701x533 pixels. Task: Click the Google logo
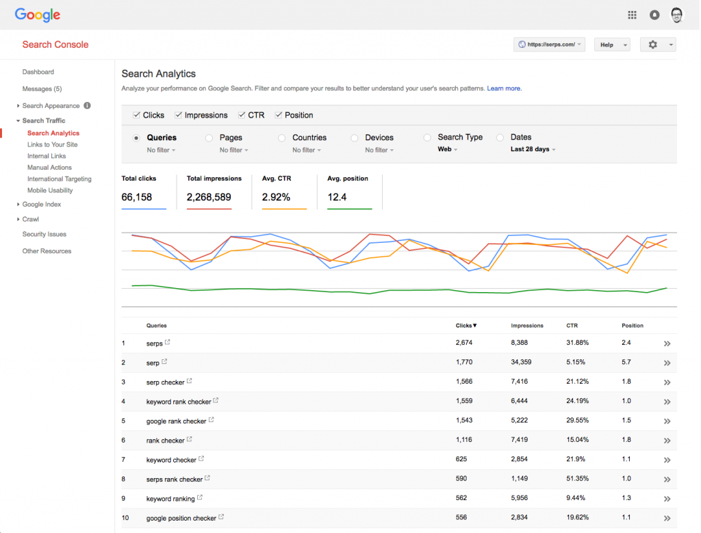[x=38, y=14]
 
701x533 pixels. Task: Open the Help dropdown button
[x=611, y=44]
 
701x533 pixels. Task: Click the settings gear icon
[x=652, y=44]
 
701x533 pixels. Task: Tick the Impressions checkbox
[x=179, y=115]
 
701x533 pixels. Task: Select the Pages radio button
[x=209, y=138]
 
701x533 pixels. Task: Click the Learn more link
[x=504, y=88]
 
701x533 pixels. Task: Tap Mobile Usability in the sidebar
[x=50, y=190]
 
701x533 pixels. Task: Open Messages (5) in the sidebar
[x=42, y=89]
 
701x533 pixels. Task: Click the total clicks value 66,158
[x=137, y=197]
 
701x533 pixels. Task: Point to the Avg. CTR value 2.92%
[x=276, y=197]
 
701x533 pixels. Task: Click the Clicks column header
[x=466, y=326]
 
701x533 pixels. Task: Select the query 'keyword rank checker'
[x=178, y=402]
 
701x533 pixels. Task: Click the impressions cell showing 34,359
[x=525, y=362]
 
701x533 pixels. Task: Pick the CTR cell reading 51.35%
[x=578, y=479]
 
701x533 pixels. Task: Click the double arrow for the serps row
[x=667, y=343]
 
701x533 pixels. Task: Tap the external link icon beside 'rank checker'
[x=190, y=439]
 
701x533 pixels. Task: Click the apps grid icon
[x=632, y=14]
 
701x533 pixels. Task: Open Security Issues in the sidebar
[x=44, y=234]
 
